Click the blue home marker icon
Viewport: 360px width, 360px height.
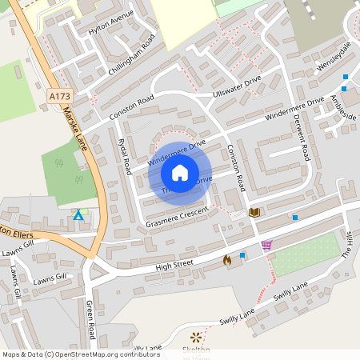point(180,173)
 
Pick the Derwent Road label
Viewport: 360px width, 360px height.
point(302,136)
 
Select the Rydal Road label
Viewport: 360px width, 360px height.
point(124,155)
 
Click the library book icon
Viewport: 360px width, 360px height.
point(255,212)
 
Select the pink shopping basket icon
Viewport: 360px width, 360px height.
point(266,245)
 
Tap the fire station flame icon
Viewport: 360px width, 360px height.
point(226,259)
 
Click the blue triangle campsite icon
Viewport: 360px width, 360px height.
point(78,215)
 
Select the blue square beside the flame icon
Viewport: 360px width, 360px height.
point(242,255)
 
